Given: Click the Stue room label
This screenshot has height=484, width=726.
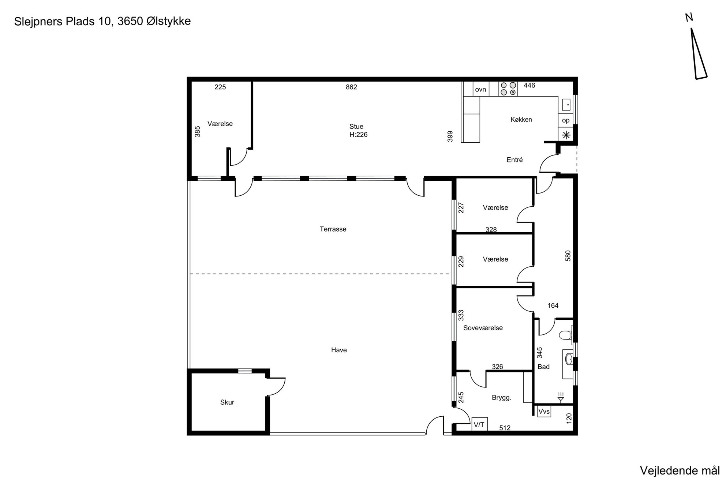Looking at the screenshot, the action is pyautogui.click(x=356, y=127).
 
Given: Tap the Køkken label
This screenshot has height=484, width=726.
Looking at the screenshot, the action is pyautogui.click(x=521, y=120).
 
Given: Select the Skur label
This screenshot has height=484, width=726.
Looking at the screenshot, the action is pyautogui.click(x=227, y=402).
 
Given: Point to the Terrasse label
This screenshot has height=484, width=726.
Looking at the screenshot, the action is pyautogui.click(x=333, y=229).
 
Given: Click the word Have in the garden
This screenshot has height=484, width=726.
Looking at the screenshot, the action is pyautogui.click(x=339, y=350).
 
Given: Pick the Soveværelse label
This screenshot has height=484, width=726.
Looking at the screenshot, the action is pyautogui.click(x=483, y=328).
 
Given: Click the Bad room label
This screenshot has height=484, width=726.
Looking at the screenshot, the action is pyautogui.click(x=543, y=367).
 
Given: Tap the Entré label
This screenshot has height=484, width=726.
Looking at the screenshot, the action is pyautogui.click(x=514, y=160).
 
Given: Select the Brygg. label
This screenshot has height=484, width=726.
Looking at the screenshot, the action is pyautogui.click(x=501, y=398).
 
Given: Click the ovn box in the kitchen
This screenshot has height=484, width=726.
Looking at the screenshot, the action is pyautogui.click(x=480, y=89).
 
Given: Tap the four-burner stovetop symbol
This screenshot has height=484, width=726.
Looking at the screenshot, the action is pyautogui.click(x=508, y=89).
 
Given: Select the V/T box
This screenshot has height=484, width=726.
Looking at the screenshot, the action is pyautogui.click(x=479, y=424).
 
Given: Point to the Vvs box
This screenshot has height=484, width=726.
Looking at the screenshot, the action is pyautogui.click(x=544, y=412).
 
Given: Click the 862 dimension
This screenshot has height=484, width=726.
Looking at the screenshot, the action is pyautogui.click(x=351, y=87).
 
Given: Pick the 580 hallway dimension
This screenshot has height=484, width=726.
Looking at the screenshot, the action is pyautogui.click(x=568, y=256).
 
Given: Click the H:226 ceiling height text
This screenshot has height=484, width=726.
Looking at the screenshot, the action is pyautogui.click(x=358, y=135).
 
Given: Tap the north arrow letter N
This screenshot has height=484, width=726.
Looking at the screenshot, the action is pyautogui.click(x=689, y=18).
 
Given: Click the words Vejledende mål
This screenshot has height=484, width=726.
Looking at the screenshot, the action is pyautogui.click(x=680, y=471).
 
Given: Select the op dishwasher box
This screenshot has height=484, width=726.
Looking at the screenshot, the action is pyautogui.click(x=566, y=120).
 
